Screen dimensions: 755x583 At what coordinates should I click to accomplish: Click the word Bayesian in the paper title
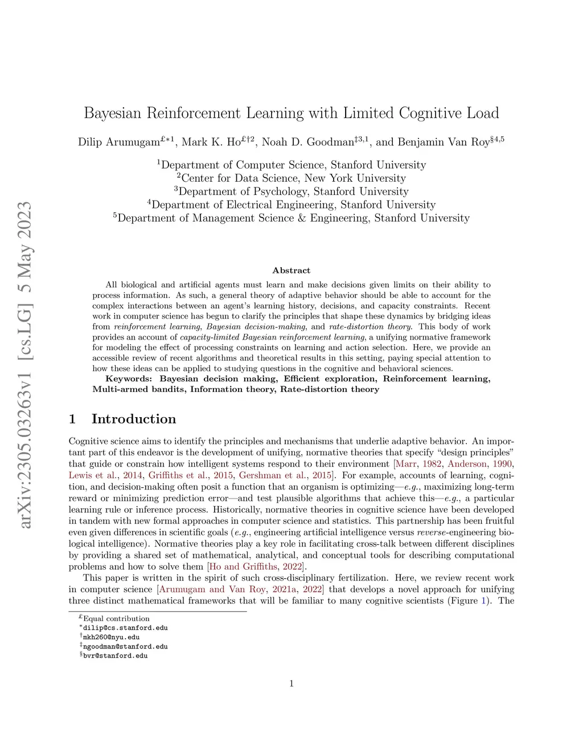coord(113,113)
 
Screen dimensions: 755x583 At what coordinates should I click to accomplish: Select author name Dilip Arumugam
coord(118,142)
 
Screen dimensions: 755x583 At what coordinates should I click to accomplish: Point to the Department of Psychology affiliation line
coord(291,191)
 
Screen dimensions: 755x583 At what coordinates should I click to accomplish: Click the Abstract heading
coord(291,271)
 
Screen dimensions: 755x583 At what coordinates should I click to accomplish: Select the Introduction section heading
coord(134,419)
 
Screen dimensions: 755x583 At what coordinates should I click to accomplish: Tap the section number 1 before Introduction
coord(72,419)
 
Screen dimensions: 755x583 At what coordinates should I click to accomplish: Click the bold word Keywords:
coord(129,379)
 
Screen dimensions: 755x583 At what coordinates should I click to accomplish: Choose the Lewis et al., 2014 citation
coord(105,475)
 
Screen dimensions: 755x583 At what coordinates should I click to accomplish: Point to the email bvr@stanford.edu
coord(115,656)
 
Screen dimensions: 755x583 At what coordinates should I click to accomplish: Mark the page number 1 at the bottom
coord(291,684)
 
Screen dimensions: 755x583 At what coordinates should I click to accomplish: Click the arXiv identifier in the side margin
coord(25,365)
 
